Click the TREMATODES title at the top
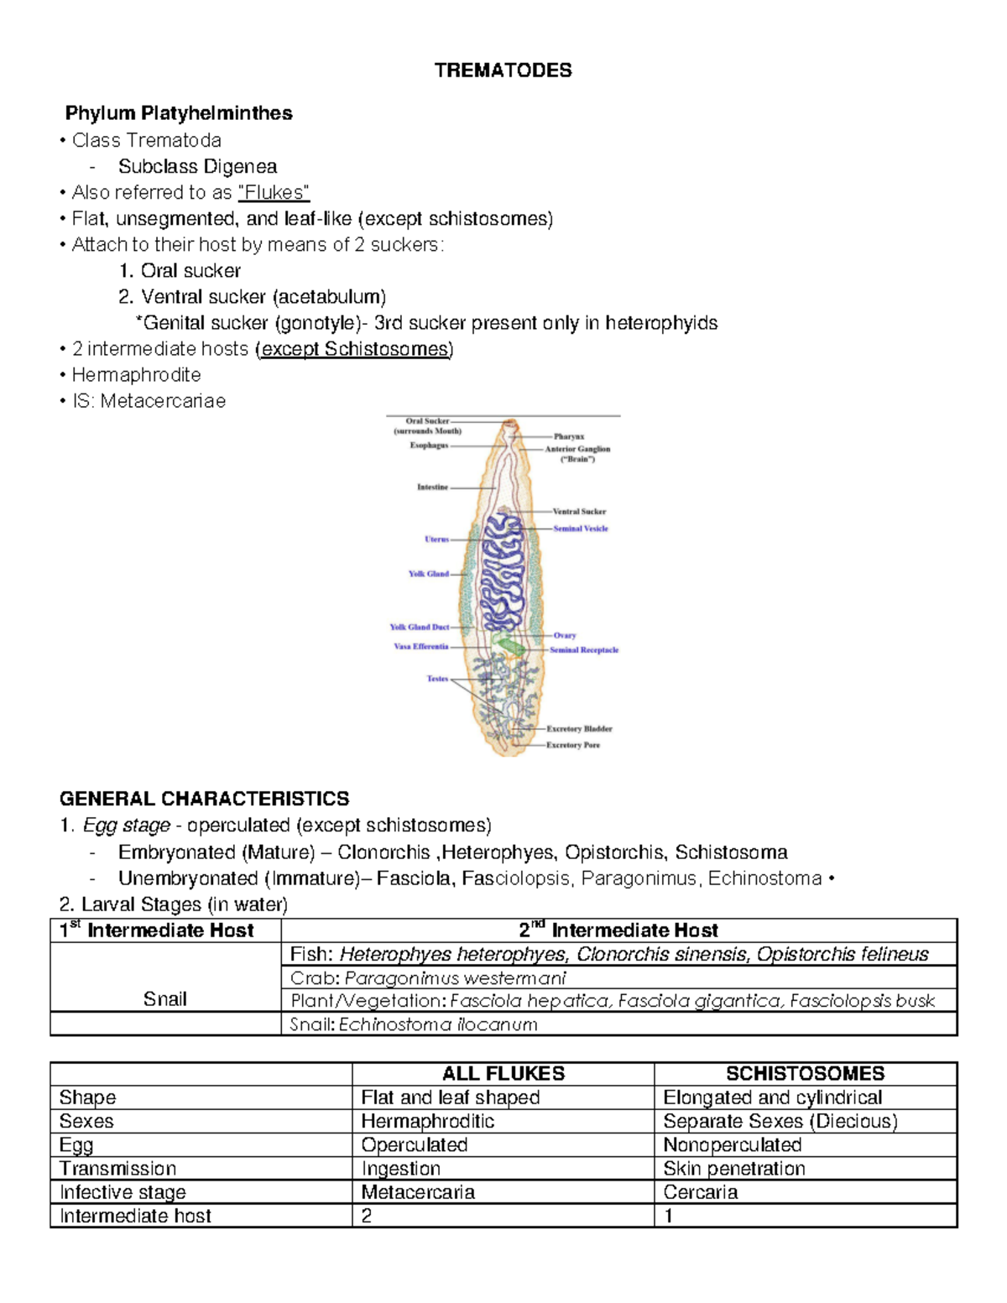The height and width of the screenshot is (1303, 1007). (x=503, y=70)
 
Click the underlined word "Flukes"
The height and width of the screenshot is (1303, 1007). (x=274, y=192)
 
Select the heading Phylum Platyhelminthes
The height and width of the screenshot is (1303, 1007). (x=179, y=113)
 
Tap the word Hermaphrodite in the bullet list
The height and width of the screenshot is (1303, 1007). (x=136, y=374)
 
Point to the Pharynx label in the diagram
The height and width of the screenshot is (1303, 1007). (x=568, y=436)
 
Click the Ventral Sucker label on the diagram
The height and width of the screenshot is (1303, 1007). (x=579, y=511)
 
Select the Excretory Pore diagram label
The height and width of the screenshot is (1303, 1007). (x=573, y=745)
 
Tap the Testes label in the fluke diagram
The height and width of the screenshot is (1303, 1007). (x=437, y=679)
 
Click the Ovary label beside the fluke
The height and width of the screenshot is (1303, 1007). (x=564, y=635)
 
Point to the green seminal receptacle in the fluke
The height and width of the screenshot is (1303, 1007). (x=509, y=645)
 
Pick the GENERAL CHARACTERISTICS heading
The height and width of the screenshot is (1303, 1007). (x=204, y=799)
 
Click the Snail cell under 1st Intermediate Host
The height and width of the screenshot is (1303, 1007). (x=164, y=998)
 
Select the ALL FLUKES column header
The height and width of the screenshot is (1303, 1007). (x=503, y=1073)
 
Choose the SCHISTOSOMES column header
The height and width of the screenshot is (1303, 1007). (x=805, y=1073)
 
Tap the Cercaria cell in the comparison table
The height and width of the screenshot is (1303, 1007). (x=701, y=1192)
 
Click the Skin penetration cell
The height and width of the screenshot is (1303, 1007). (x=734, y=1169)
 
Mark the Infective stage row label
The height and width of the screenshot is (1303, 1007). (x=123, y=1192)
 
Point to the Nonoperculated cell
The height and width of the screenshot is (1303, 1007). (x=732, y=1144)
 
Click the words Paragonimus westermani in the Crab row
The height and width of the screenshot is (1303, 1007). (x=455, y=977)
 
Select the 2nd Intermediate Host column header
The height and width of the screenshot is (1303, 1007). (x=618, y=930)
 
